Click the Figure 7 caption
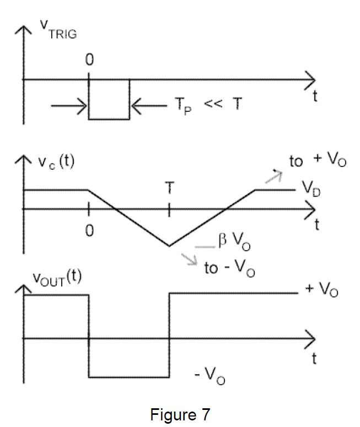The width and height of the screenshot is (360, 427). point(180,414)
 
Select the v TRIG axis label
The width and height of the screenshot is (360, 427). point(58,31)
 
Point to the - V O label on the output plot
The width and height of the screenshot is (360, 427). point(209,376)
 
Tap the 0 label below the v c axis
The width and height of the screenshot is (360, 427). point(89,231)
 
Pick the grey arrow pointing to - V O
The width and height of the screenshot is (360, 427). point(190,259)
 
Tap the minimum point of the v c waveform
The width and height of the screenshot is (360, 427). point(169,246)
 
